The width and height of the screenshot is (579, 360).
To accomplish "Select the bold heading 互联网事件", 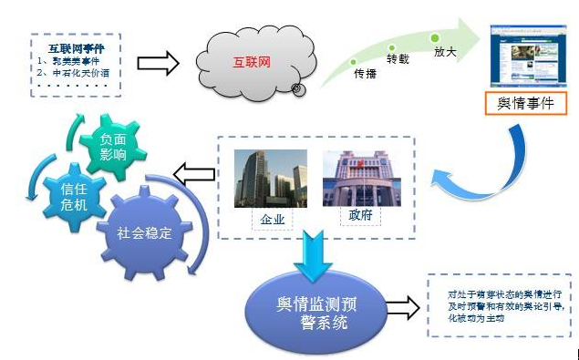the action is (x=76, y=48).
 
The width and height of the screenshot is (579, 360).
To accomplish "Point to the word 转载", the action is (x=398, y=59).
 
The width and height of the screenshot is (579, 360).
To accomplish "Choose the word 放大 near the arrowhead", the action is (x=445, y=53).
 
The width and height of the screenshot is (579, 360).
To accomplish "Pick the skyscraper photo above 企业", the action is (x=271, y=179).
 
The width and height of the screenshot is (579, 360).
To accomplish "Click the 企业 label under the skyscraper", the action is (x=270, y=219).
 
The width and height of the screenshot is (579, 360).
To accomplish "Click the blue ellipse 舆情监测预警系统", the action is (x=313, y=309).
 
